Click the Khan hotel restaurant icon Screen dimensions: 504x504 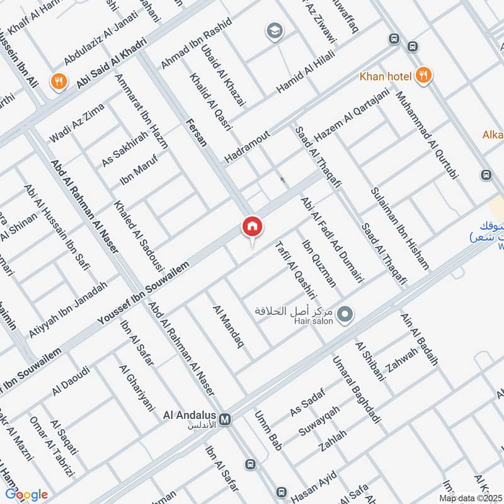click(x=424, y=76)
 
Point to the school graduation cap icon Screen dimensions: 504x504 click(x=274, y=31)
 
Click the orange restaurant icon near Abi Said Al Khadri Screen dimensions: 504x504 click(x=59, y=81)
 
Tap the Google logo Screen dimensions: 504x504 click(x=26, y=495)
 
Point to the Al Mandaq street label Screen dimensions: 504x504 click(x=228, y=328)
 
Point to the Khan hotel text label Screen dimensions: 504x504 click(x=385, y=77)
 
